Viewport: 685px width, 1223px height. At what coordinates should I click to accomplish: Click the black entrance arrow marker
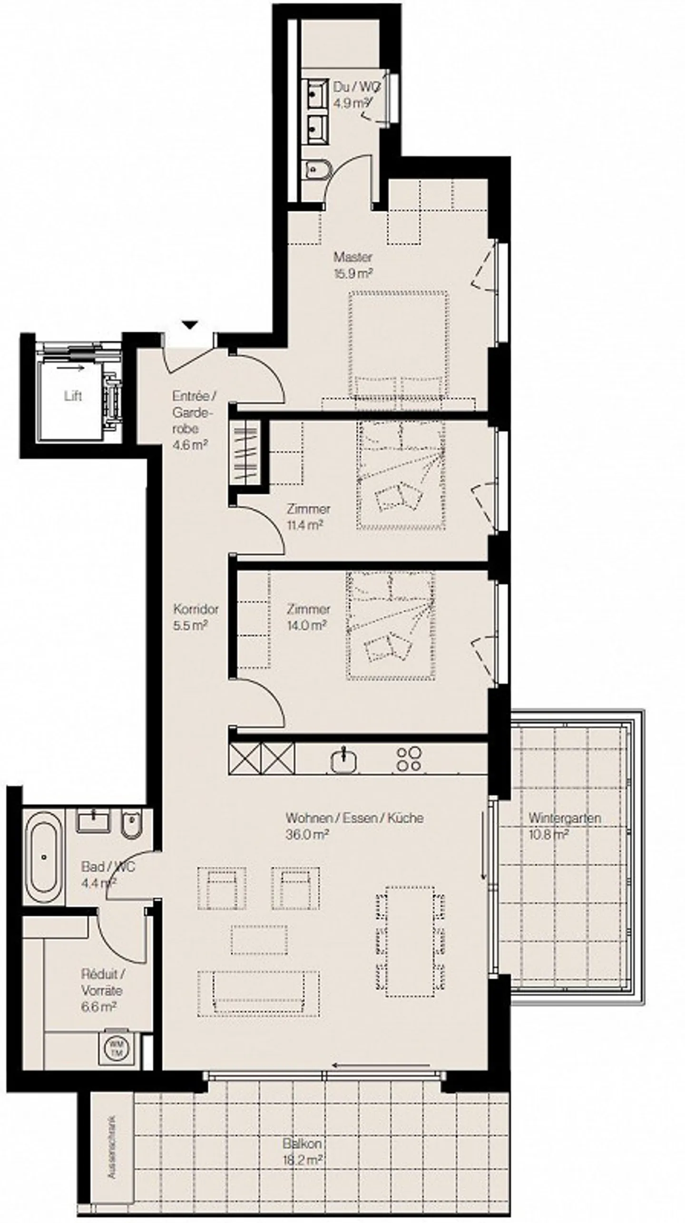click(x=190, y=325)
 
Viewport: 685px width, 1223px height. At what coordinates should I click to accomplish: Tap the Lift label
click(x=73, y=396)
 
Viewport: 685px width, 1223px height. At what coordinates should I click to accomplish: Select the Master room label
click(x=352, y=257)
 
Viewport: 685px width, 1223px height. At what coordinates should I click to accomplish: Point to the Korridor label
click(x=196, y=609)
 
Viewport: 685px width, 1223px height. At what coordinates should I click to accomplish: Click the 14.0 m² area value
click(x=306, y=625)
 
